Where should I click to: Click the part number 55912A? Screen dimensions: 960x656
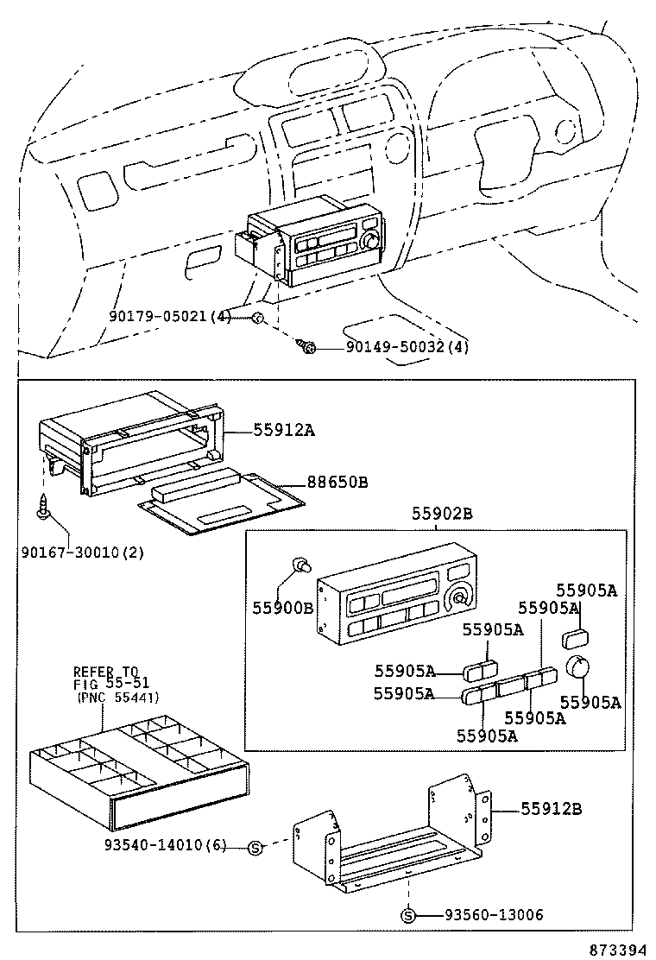tap(283, 428)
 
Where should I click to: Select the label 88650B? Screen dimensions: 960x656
tap(337, 482)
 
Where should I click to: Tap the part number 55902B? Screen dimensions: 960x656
tap(441, 513)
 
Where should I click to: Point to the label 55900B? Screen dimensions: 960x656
tap(282, 608)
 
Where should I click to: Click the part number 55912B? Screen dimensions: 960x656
tap(551, 809)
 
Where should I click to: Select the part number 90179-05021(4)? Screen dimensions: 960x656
tap(170, 317)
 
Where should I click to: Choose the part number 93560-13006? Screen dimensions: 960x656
tap(494, 914)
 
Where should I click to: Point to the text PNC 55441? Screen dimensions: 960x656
tap(117, 697)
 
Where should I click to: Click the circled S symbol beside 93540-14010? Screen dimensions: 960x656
tap(255, 847)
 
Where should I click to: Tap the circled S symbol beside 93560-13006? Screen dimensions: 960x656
tap(410, 914)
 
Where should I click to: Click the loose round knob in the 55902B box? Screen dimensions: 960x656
tap(577, 667)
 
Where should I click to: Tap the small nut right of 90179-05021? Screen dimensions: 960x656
tap(256, 319)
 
